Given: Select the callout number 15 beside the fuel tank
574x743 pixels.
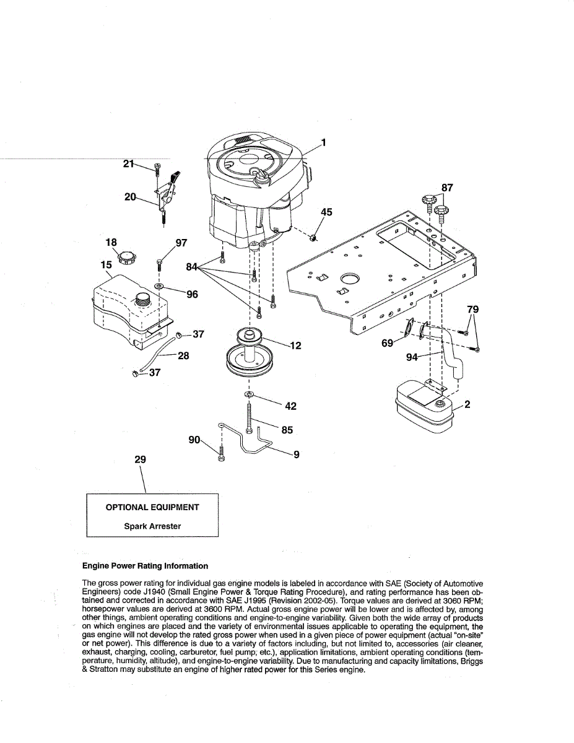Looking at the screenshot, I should pos(107,265).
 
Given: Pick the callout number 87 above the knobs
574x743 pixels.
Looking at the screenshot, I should pos(447,187).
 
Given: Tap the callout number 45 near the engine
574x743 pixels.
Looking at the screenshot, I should pos(326,212).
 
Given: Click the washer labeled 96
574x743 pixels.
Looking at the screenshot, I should pos(159,287).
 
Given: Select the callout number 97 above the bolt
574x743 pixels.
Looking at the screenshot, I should pos(181,243).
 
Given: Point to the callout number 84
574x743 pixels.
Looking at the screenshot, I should pos(193,267).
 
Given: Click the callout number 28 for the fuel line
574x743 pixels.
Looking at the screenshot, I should pos(183,356).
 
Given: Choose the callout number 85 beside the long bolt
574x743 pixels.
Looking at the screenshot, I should pos(287,430).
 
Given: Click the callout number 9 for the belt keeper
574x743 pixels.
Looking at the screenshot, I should pos(297,454).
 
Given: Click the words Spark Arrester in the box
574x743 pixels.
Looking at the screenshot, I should pos(152,526).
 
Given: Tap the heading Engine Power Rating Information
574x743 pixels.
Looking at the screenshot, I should pos(146,566).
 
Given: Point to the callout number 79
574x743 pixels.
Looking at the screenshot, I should pos(472,309).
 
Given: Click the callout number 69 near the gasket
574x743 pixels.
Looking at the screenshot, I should pos(387,342).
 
